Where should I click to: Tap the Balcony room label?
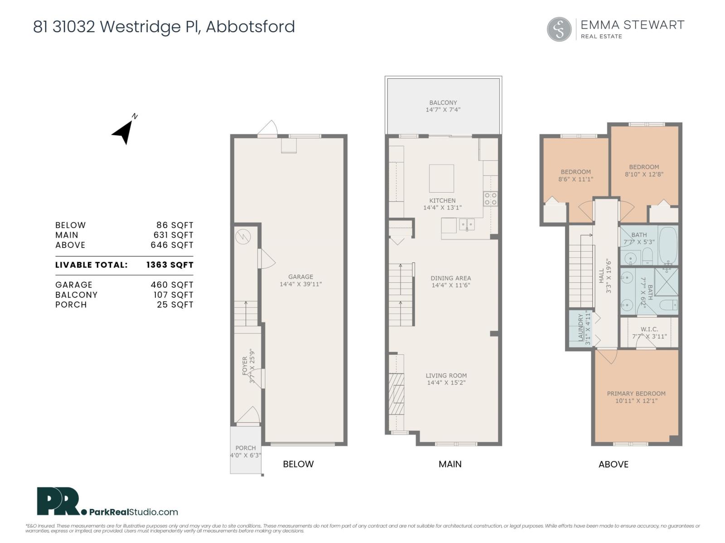coord(443,103)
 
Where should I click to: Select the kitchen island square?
coord(441,179)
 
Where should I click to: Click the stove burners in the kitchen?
coord(490,199)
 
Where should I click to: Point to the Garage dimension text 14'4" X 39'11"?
coord(300,284)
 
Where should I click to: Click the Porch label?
coord(246,448)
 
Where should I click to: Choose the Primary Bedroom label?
coord(636,394)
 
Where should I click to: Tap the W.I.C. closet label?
coord(649,329)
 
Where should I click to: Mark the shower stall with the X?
coord(667,282)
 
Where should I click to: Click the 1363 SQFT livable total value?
coord(169,265)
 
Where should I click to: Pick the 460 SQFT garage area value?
coord(172,285)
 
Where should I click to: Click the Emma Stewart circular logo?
coord(559,29)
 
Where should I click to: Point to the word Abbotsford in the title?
coord(250,27)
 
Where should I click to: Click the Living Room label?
coord(446,376)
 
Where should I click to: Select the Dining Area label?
coord(450,278)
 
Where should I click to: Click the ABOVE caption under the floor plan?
coord(613,464)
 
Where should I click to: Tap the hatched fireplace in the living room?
coord(396,394)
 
